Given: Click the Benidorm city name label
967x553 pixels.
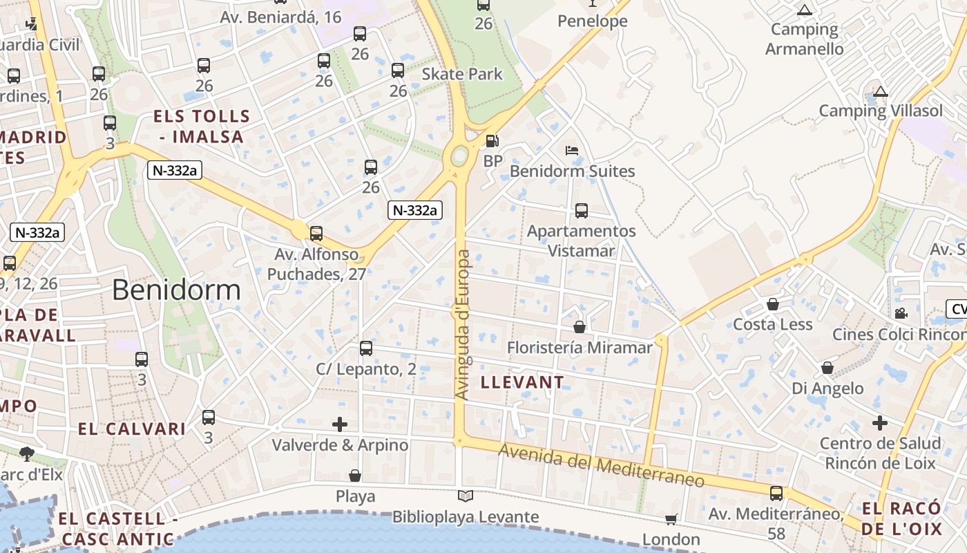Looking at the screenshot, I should click(176, 290).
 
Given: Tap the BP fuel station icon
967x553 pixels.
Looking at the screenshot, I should click(492, 141).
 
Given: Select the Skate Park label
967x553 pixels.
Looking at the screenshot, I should click(462, 74).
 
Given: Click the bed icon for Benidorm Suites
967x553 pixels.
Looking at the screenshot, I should click(571, 150).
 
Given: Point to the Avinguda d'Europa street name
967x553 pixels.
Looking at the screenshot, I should click(463, 324).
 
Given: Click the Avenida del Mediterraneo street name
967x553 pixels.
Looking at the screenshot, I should click(601, 465).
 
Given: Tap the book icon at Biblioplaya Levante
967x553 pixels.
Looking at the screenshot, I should click(466, 496).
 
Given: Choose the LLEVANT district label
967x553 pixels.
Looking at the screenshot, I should click(521, 382).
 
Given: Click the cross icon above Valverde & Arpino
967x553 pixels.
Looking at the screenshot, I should click(340, 424).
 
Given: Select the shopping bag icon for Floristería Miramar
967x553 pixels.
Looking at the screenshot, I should click(580, 326).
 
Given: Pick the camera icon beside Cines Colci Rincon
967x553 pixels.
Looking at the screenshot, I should click(901, 313).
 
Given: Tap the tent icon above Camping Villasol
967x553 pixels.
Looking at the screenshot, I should click(880, 91).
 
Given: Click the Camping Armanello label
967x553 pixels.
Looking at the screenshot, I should click(804, 39).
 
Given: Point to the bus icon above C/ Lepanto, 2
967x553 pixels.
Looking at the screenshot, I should click(366, 348).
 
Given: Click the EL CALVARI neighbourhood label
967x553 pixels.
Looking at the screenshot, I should click(131, 429).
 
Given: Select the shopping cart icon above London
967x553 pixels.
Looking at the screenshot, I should click(671, 518).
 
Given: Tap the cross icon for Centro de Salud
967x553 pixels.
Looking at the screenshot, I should click(879, 422).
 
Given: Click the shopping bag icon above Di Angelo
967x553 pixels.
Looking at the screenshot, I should click(827, 368).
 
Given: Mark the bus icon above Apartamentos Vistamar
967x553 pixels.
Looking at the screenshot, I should click(582, 210).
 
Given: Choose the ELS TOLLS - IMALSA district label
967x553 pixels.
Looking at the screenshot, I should click(201, 126).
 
